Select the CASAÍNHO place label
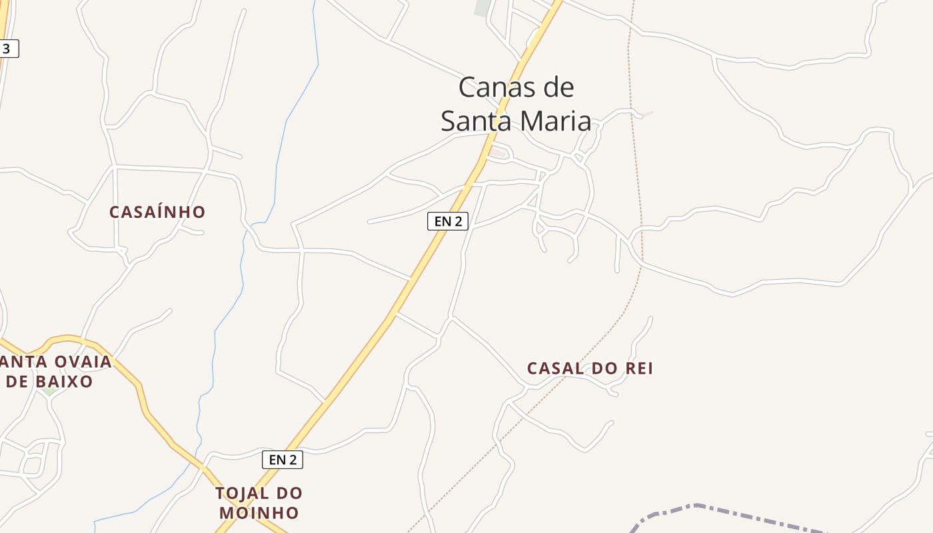pos(157,212)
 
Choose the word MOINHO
pos(259,513)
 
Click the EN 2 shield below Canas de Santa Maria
pos(448,221)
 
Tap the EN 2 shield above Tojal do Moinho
pos(283,459)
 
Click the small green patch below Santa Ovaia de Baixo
pos(49,391)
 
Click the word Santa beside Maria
pos(475,121)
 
